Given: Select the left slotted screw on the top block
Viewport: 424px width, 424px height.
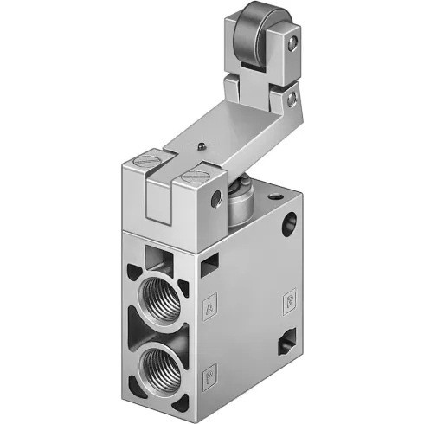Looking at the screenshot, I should click(x=142, y=162).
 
